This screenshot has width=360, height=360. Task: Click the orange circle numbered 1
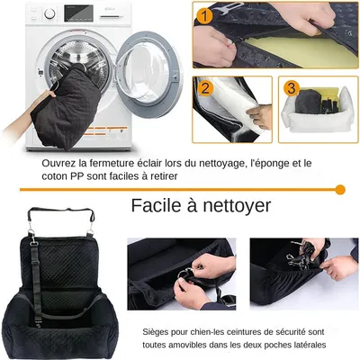(x=206, y=15)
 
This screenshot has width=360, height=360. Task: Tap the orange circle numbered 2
(x=205, y=89)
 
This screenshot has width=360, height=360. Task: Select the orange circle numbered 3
(x=290, y=88)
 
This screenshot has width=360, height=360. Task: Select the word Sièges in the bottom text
(x=161, y=331)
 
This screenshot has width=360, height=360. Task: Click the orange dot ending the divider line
(x=339, y=189)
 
